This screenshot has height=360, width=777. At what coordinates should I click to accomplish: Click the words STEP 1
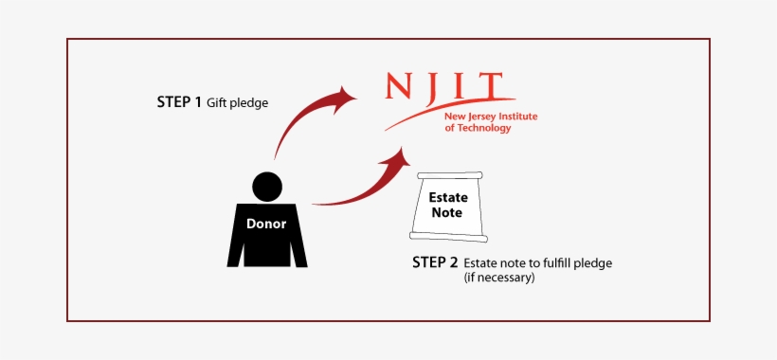(179, 101)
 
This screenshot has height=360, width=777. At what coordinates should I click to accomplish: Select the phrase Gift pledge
(238, 102)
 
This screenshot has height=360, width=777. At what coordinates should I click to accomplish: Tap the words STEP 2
(434, 262)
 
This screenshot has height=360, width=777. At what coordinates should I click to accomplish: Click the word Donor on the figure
(266, 225)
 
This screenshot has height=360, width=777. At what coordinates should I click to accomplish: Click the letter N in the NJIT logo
(401, 88)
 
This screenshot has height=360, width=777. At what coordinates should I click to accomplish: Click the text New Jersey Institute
(491, 117)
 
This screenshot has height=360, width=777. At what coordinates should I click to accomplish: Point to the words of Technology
(478, 128)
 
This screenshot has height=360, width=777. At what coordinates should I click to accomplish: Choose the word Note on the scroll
(446, 213)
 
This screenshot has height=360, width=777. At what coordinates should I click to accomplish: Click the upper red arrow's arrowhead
(344, 95)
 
